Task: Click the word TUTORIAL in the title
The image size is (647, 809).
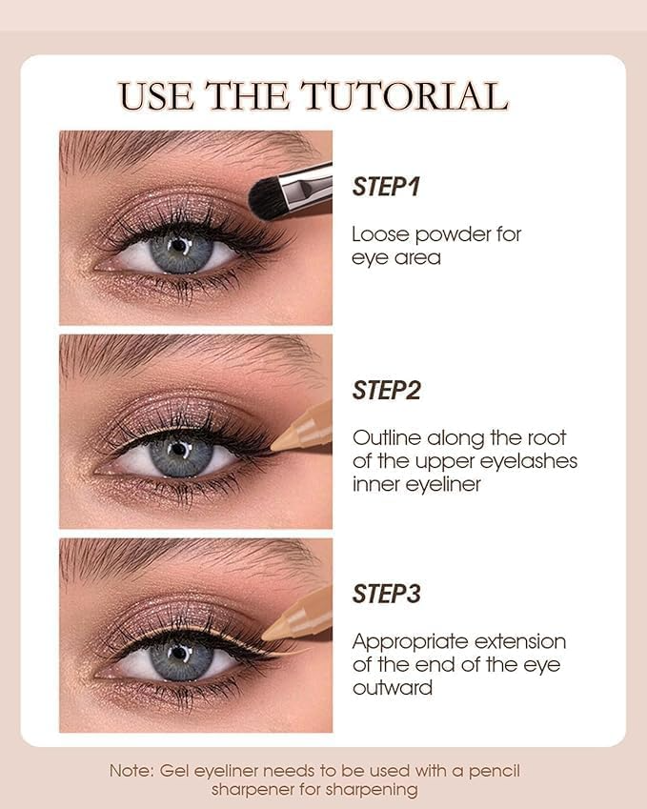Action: click(404, 96)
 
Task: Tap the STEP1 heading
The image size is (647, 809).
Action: click(386, 186)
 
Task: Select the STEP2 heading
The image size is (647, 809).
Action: click(386, 390)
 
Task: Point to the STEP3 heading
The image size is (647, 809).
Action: click(386, 594)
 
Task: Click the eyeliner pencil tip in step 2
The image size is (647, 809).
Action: click(277, 444)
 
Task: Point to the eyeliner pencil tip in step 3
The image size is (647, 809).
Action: click(270, 632)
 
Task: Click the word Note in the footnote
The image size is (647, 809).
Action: click(126, 771)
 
